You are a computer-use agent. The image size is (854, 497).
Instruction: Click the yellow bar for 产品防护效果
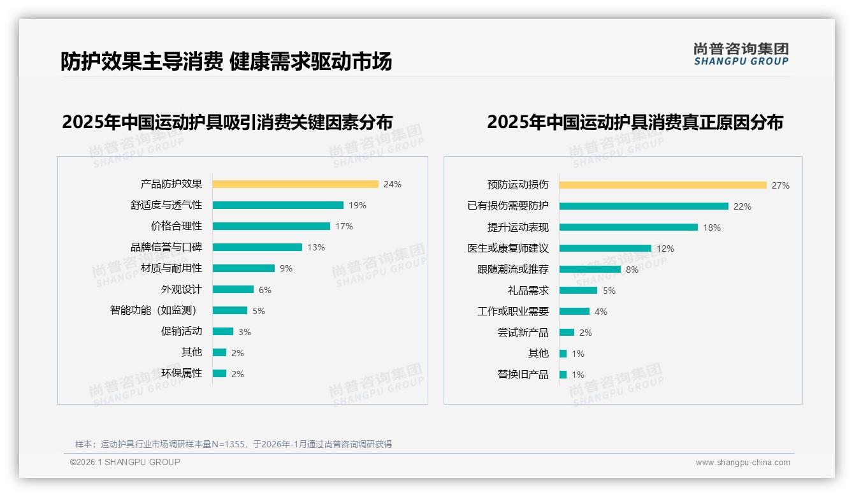tap(295, 184)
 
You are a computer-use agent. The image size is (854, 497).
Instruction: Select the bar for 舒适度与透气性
tap(278, 205)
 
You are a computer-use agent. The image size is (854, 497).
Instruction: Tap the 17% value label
tap(344, 226)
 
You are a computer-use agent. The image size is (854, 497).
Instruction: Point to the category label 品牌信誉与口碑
tap(166, 247)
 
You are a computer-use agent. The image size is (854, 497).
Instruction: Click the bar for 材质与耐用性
tap(243, 268)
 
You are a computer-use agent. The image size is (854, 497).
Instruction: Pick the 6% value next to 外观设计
tap(265, 290)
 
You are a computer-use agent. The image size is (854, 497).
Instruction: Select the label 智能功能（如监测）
tap(154, 310)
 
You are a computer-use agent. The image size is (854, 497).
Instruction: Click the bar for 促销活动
tap(223, 331)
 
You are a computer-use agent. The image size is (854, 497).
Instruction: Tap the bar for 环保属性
tap(219, 373)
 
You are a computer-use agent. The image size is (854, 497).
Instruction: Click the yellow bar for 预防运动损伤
tap(663, 185)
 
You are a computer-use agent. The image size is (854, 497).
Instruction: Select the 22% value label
tap(742, 206)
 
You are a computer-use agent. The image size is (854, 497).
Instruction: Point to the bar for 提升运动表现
tap(628, 227)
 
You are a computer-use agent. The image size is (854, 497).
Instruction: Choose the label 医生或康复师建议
tap(508, 248)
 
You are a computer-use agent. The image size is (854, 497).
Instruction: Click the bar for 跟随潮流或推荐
tap(590, 270)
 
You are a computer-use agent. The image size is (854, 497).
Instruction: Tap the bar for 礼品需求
tap(578, 291)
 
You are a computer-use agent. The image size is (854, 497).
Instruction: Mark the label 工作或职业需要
tap(513, 312)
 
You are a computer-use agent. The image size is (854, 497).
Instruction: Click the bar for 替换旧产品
tap(563, 375)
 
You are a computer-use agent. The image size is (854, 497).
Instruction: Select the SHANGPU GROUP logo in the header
tap(741, 54)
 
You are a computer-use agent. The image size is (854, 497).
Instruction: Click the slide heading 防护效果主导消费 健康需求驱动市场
tap(226, 61)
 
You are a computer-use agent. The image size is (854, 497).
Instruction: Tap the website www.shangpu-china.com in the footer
tap(742, 463)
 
